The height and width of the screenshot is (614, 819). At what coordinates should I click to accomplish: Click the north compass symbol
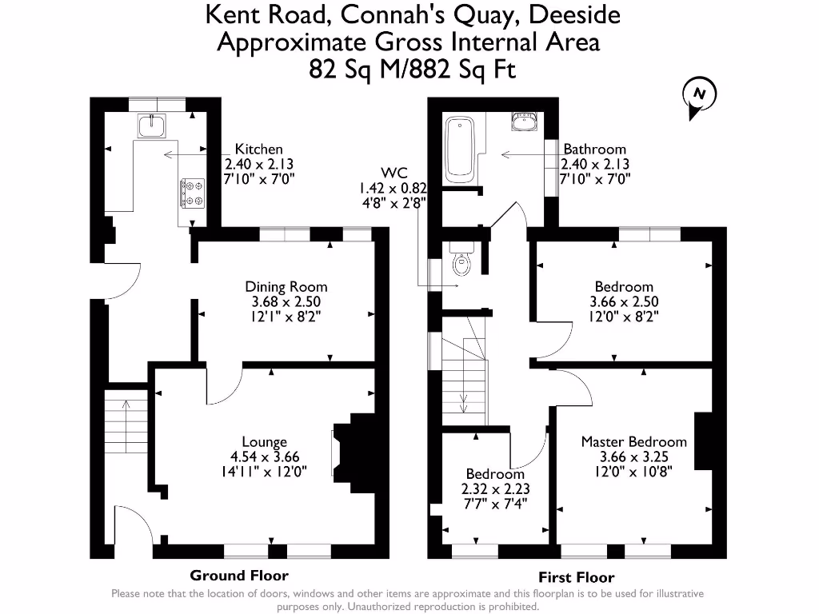pos(699,94)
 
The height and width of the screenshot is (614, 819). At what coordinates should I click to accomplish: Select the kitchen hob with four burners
pos(191,193)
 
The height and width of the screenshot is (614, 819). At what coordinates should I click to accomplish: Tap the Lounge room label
pos(265,442)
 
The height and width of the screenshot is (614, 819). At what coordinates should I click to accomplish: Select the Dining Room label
pos(286,287)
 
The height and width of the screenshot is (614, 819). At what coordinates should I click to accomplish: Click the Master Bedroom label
pos(633,442)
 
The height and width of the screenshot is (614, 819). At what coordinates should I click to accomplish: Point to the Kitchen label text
pos(258,149)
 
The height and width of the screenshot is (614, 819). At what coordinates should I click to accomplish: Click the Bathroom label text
pos(594,149)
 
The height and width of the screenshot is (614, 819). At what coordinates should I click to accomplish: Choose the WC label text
pos(394,173)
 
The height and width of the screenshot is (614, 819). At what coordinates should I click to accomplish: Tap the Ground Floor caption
pos(239,576)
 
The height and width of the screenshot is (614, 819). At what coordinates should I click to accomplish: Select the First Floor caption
pos(577,577)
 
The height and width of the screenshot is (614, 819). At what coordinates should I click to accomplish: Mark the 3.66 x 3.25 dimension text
pos(633,457)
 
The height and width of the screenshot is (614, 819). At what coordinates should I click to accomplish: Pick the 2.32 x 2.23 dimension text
pos(496,489)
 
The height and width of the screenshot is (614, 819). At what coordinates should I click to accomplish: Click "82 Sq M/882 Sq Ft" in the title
pos(413,70)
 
